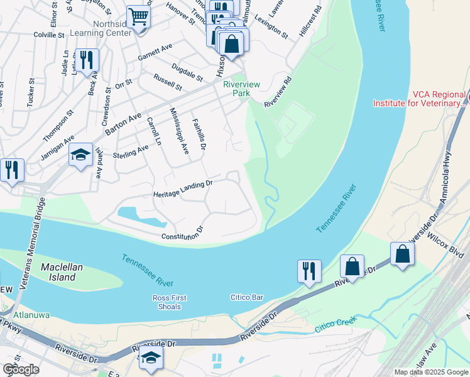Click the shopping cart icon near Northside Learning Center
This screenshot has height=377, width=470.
tap(138, 17)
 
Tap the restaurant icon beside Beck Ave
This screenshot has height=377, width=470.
tap(87, 60)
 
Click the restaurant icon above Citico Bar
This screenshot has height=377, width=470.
tap(309, 271)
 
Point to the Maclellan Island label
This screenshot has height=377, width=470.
tap(62, 272)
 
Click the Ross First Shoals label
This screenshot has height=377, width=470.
tap(167, 302)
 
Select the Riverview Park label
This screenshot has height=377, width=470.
tap(232, 88)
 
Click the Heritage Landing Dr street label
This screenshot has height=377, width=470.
tap(183, 189)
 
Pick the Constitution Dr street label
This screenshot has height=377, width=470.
tap(183, 234)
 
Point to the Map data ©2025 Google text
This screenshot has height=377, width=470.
tap(430, 372)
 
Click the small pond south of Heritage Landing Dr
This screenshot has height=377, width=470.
tap(139, 215)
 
